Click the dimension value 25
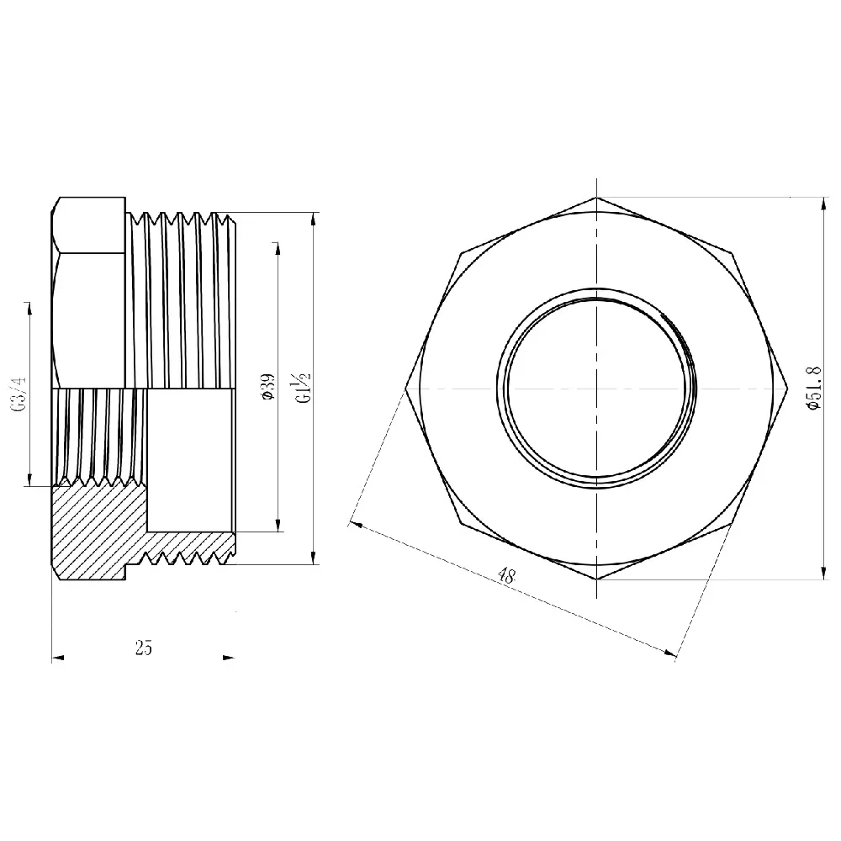click(x=143, y=648)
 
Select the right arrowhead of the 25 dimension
click(x=229, y=658)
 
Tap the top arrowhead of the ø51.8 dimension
click(x=823, y=203)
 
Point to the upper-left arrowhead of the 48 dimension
click(x=356, y=525)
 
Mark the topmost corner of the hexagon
click(x=596, y=198)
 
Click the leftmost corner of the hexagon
click(x=405, y=389)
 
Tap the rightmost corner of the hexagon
click(x=787, y=389)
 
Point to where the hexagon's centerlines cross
click(x=596, y=389)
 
